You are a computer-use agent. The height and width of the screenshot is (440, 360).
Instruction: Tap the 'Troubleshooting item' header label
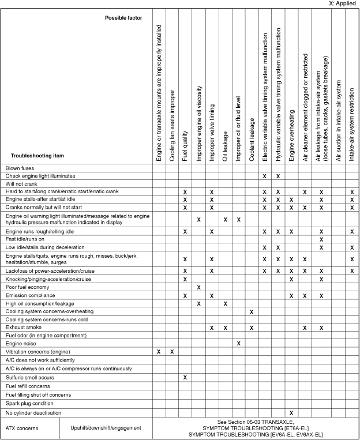click(x=37, y=156)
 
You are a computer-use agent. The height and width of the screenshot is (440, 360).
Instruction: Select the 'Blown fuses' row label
click(x=21, y=168)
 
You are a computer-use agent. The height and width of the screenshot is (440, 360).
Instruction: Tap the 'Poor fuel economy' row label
click(x=28, y=287)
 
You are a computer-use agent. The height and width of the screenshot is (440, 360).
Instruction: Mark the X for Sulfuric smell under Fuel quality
click(x=185, y=377)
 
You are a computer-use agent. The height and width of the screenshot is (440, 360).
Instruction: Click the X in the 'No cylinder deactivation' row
click(x=291, y=413)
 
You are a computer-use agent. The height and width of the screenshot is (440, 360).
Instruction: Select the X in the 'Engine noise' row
click(x=238, y=343)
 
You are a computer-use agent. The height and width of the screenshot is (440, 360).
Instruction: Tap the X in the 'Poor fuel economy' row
click(x=198, y=287)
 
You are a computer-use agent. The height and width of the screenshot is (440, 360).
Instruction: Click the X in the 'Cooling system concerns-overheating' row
click(x=252, y=311)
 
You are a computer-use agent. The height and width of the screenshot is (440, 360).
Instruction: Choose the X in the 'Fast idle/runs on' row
click(x=321, y=239)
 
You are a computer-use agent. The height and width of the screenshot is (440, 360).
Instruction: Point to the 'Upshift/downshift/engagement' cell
click(x=106, y=428)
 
